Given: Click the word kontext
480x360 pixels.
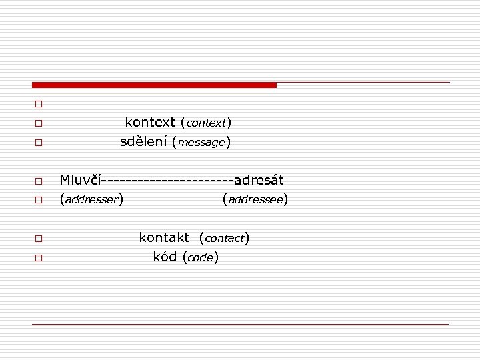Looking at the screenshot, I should pyautogui.click(x=150, y=123).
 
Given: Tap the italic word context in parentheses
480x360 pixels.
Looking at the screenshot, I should pyautogui.click(x=206, y=123).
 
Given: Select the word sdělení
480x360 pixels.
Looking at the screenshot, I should pyautogui.click(x=143, y=142).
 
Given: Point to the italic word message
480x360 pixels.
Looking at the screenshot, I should pyautogui.click(x=201, y=143).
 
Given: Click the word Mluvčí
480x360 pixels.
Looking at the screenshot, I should pyautogui.click(x=80, y=180).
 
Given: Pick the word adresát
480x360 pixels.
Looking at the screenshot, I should pyautogui.click(x=259, y=180).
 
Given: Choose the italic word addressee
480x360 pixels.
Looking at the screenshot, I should pyautogui.click(x=255, y=199).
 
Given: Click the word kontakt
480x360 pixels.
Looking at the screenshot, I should pyautogui.click(x=164, y=237).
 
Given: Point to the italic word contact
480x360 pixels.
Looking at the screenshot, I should pyautogui.click(x=224, y=238).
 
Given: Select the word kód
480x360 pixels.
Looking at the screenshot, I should pyautogui.click(x=165, y=257).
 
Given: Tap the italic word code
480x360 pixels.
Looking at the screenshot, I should pyautogui.click(x=200, y=258).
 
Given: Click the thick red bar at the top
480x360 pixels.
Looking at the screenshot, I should pyautogui.click(x=154, y=85).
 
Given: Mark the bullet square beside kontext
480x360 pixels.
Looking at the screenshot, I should pyautogui.click(x=39, y=123).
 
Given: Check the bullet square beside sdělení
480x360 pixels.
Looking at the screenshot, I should pyautogui.click(x=39, y=143).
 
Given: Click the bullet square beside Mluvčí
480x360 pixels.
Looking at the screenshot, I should pyautogui.click(x=39, y=181).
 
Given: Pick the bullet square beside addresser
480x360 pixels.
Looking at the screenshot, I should pyautogui.click(x=39, y=200).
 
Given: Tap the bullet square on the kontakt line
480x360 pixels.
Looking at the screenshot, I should pyautogui.click(x=39, y=238).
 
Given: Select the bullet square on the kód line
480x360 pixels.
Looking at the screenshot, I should pyautogui.click(x=39, y=257).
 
